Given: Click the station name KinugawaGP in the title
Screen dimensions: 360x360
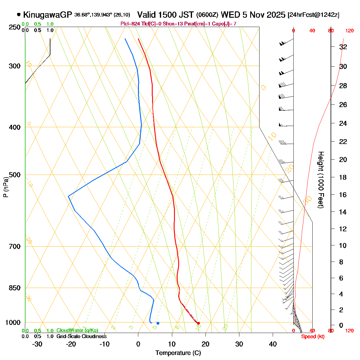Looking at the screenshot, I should [x=47, y=15].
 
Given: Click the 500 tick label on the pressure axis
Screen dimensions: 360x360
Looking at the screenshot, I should [x=15, y=175].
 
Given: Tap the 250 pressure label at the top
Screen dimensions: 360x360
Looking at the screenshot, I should [x=15, y=27].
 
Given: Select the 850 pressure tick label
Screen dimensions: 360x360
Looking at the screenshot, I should [x=15, y=288].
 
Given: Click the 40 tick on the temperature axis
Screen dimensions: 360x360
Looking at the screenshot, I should [x=273, y=344].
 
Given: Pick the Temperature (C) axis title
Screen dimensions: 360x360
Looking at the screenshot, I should [x=178, y=353].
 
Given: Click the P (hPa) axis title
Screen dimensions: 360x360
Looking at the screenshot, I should [x=6, y=187].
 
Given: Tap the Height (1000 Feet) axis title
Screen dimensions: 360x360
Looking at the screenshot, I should [x=321, y=180].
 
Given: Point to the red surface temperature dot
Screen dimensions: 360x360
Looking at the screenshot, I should [x=198, y=323].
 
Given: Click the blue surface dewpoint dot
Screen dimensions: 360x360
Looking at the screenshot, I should [x=158, y=323].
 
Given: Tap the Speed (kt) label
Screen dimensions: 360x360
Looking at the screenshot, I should [x=313, y=337].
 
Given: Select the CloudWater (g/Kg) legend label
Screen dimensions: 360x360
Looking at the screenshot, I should [x=77, y=331].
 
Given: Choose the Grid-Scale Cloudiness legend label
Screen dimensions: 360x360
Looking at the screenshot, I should [x=81, y=337].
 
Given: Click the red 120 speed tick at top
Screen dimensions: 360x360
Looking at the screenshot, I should [x=349, y=31].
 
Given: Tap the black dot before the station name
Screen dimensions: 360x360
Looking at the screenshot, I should [x=19, y=14].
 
